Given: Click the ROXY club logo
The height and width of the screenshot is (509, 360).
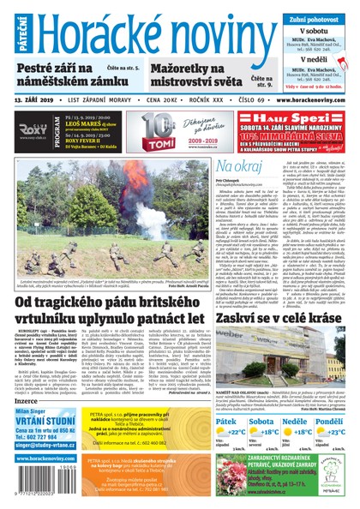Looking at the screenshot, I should click(37, 132).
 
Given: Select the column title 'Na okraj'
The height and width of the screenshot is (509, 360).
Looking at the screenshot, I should click(237, 165).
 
